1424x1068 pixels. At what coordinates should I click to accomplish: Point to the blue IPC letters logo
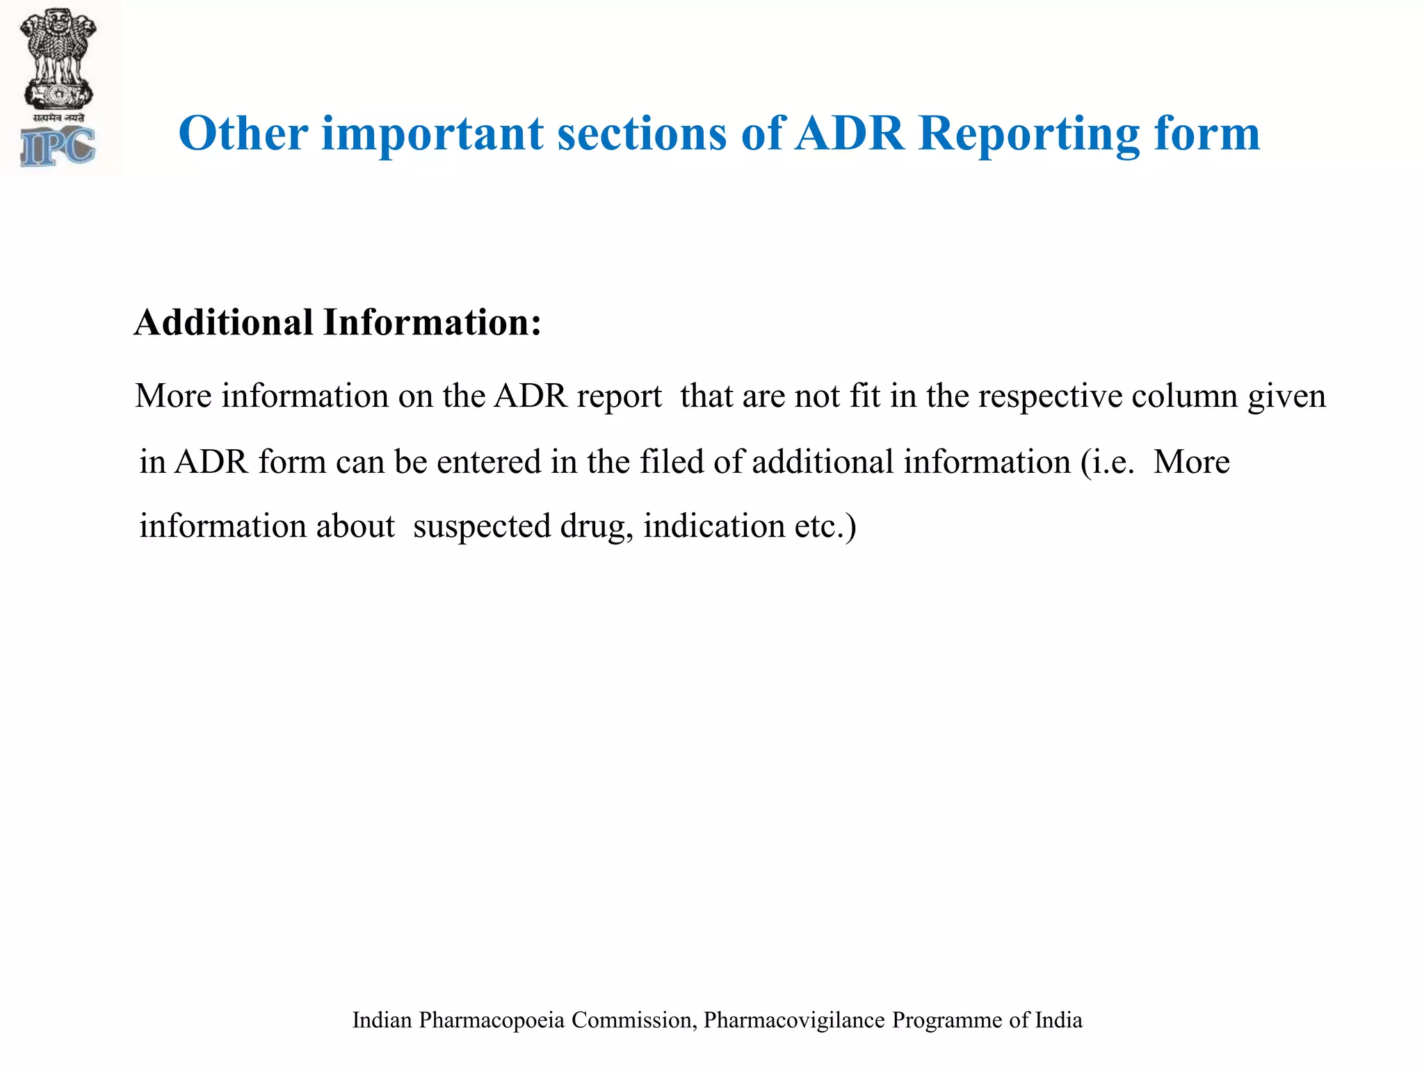(58, 147)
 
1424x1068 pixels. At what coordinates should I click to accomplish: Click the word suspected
(482, 526)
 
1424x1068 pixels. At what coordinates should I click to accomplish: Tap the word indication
(714, 526)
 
